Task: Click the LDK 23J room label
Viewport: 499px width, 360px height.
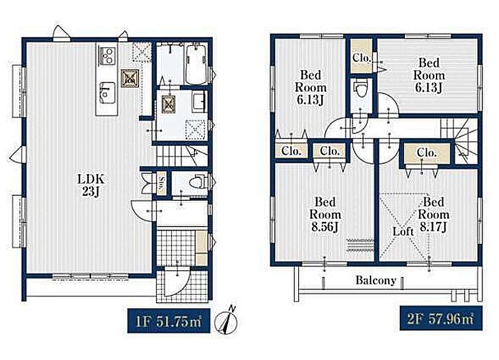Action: [x=91, y=185]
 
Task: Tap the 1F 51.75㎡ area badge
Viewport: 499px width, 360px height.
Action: [x=168, y=321]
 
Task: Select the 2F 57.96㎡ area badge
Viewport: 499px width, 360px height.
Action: [x=441, y=318]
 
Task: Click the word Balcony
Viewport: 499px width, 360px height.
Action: [x=376, y=280]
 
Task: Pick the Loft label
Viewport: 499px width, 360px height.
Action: [x=403, y=231]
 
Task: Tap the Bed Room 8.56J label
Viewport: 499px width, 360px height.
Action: [x=325, y=214]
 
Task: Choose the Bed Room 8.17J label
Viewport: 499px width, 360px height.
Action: [x=434, y=214]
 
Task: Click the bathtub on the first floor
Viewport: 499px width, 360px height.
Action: [x=196, y=64]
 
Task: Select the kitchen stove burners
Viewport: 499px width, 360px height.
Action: [x=107, y=56]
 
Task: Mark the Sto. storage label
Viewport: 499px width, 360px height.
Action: [x=162, y=183]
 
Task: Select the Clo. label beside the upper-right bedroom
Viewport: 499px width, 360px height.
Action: [x=362, y=58]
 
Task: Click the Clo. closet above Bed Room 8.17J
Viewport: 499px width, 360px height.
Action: [x=427, y=153]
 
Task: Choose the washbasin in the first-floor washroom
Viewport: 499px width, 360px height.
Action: [x=199, y=102]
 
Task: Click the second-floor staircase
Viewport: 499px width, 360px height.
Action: [x=459, y=140]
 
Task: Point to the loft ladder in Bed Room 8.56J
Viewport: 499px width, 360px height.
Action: [x=360, y=245]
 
